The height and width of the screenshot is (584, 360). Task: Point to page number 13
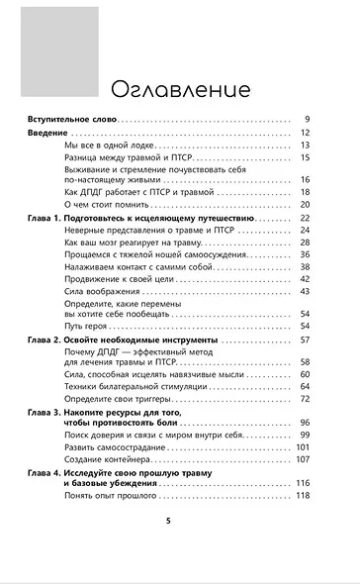pos(306,145)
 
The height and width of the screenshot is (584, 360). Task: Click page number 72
pos(306,370)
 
